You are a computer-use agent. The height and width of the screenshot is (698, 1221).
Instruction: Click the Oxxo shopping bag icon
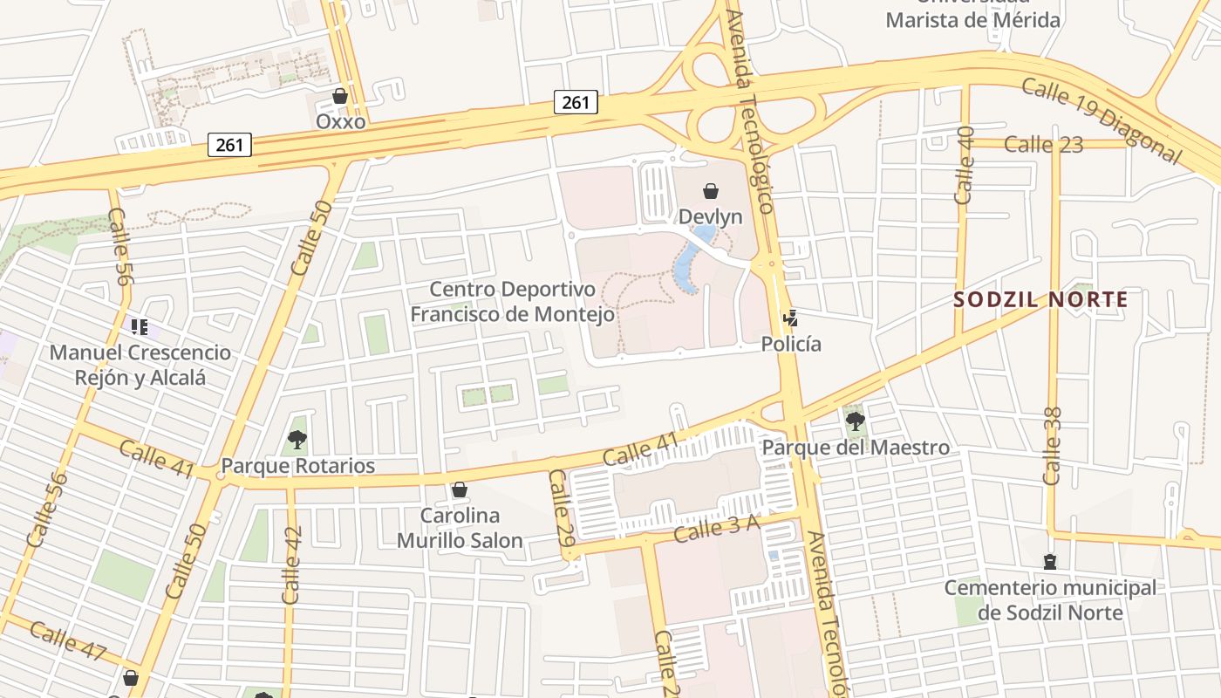click(x=340, y=96)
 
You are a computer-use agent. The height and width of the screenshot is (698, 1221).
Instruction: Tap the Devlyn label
click(x=710, y=216)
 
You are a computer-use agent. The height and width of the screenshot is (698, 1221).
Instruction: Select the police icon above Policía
click(x=791, y=318)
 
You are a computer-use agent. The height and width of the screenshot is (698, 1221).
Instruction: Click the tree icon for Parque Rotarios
click(x=297, y=439)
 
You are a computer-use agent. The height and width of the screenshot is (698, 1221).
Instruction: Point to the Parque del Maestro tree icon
click(x=856, y=421)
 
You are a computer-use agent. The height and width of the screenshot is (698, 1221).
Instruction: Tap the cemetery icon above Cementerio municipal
click(x=1050, y=562)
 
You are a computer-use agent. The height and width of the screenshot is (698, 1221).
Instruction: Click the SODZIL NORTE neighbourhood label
click(x=1040, y=300)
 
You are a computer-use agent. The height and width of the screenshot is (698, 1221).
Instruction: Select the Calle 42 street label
click(x=291, y=565)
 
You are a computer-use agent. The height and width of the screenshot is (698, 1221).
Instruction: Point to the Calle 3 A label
click(x=718, y=527)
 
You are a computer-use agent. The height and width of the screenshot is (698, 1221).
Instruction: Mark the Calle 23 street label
click(x=1043, y=144)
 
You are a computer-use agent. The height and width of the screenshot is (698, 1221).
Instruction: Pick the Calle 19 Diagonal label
click(x=1101, y=120)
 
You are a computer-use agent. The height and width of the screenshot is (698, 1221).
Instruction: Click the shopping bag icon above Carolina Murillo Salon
click(x=459, y=489)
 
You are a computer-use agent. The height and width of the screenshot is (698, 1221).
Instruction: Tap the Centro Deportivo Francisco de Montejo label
click(x=513, y=301)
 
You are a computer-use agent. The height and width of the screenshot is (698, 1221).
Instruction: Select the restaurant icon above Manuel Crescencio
click(x=139, y=327)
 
